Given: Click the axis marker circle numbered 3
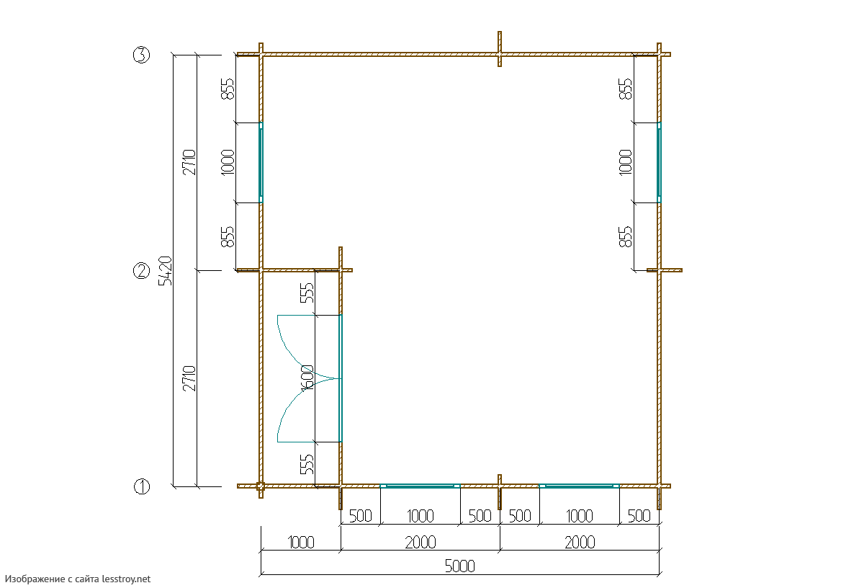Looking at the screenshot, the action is pos(141,55).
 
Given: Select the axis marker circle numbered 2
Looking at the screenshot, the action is pos(141,270).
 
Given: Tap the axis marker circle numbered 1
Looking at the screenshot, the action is pos(141,486).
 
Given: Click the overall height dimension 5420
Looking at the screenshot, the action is pos(166,270).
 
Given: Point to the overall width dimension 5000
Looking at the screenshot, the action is pos(459,566).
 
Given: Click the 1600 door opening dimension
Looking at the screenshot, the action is pos(307,378).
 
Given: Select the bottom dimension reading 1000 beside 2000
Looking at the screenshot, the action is pos(301,542).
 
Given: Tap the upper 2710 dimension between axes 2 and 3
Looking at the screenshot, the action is pos(189,162).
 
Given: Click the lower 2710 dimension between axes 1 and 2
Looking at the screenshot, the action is pos(189,378).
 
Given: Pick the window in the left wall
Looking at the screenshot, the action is pos(261,162).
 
